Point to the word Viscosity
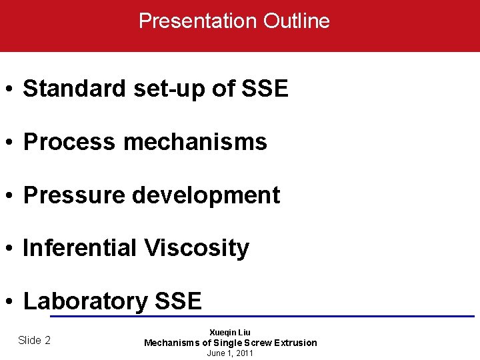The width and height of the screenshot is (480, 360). click(196, 249)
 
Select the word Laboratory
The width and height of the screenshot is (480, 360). click(85, 301)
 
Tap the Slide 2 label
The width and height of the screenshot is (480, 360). click(34, 340)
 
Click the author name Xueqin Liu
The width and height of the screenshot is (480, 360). click(230, 332)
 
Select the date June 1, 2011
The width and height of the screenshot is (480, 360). click(230, 353)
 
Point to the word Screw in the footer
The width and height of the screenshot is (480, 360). click(251, 343)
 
